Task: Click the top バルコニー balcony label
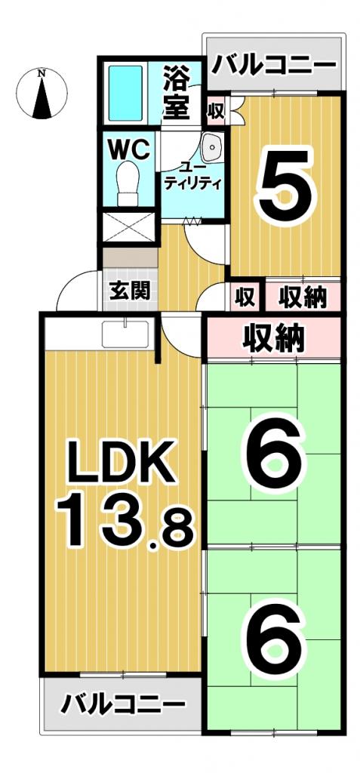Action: pos(272,63)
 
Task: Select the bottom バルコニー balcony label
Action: pos(123,706)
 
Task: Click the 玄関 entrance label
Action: pos(129,290)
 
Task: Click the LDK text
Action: pos(123,461)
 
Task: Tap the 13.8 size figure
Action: pos(125,522)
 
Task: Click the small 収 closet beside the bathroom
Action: pos(216,112)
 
